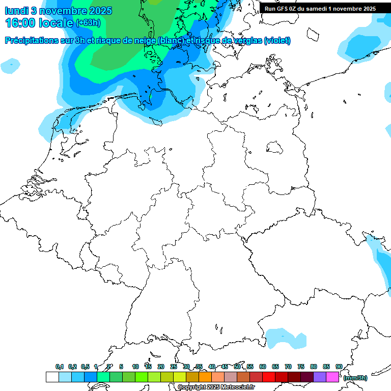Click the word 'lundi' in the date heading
coord(17,10)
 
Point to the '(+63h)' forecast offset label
coord(88,23)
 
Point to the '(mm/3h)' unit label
coord(354,378)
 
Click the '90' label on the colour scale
coord(339,367)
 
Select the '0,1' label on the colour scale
coord(60,367)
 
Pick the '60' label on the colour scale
coord(263,367)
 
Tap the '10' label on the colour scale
coord(135,367)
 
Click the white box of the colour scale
coord(52,377)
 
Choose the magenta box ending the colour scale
coord(332,377)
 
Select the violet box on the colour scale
coord(320,377)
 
